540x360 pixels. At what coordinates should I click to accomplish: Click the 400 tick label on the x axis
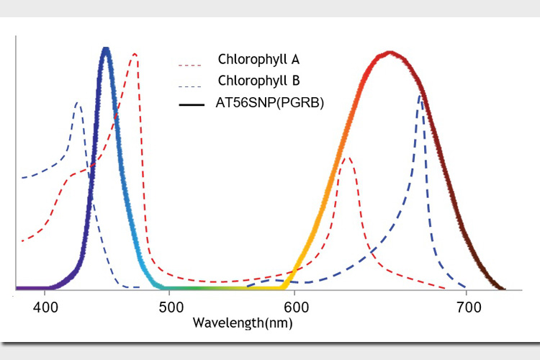tap(45, 307)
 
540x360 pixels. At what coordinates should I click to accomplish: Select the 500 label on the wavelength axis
tap(171, 307)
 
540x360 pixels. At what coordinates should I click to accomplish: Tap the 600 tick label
tap(296, 307)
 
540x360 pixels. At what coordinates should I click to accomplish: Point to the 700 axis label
tap(469, 307)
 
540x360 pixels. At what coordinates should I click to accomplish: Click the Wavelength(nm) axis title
tap(243, 323)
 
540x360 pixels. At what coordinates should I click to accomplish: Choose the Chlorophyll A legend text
tap(258, 59)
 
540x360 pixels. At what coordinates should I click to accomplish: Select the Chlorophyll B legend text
tap(258, 80)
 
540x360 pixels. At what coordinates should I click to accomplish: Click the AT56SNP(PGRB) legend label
tap(270, 103)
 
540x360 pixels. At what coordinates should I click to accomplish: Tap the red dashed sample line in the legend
tap(190, 65)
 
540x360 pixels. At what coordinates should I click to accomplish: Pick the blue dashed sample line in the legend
tap(190, 86)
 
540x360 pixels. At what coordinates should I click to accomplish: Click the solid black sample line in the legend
tap(192, 104)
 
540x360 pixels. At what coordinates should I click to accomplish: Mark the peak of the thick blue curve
tap(106, 49)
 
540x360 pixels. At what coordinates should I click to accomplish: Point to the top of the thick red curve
tap(390, 53)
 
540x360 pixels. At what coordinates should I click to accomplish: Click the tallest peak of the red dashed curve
tap(135, 54)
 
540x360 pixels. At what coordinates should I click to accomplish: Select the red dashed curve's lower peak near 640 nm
tap(348, 158)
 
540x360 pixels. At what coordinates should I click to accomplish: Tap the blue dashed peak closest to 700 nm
tap(420, 96)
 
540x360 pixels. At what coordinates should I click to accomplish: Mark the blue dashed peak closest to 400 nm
tap(78, 103)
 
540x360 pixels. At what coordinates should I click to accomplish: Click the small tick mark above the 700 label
tap(466, 292)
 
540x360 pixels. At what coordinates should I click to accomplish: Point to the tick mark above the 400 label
tap(45, 292)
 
